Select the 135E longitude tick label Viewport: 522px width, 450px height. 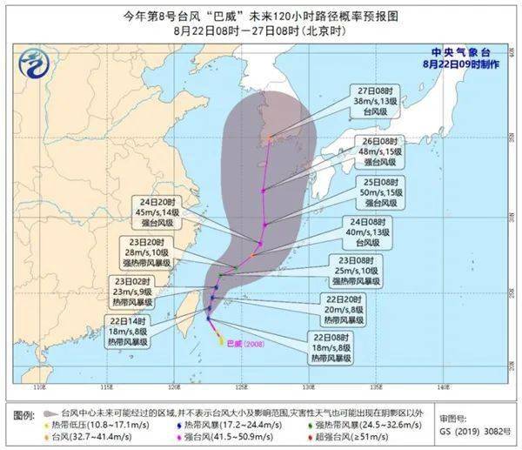tap(376, 387)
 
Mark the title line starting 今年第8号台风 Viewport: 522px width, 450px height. tap(260, 13)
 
